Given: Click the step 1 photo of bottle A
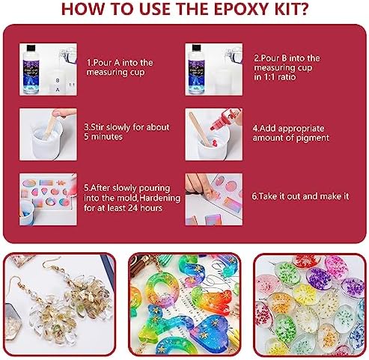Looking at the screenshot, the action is point(48,69).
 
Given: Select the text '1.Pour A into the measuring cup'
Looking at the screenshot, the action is point(120,67).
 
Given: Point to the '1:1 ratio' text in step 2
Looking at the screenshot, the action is point(275,77).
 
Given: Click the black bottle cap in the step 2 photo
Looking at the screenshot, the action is point(196,47).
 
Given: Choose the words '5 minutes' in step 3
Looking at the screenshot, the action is point(103,137).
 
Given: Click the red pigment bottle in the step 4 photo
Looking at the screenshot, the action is point(224,119).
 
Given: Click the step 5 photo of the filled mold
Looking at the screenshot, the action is point(48,199).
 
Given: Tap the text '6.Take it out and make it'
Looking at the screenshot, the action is point(300,197).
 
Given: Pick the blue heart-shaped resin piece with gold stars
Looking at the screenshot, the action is point(208,330).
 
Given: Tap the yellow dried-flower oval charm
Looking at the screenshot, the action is point(304,294).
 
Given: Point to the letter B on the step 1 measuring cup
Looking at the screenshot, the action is point(58,81).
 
